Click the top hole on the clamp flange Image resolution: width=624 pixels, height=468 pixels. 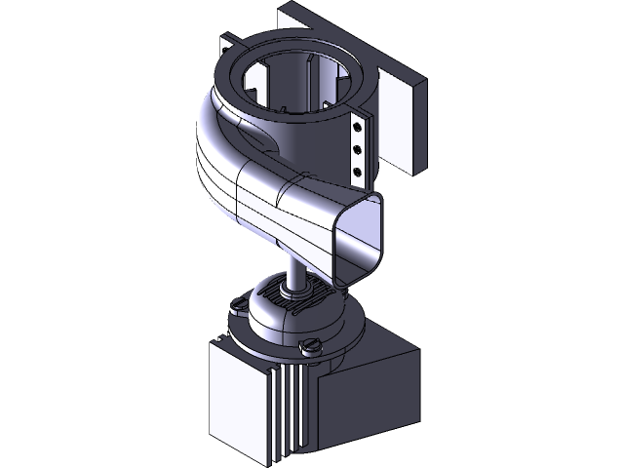tap(358, 126)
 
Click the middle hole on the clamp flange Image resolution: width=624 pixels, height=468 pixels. tap(358, 148)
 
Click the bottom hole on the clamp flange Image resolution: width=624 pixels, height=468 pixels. tap(358, 171)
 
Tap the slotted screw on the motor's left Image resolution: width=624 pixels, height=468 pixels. tap(234, 307)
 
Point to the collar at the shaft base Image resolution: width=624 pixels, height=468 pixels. tap(292, 290)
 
